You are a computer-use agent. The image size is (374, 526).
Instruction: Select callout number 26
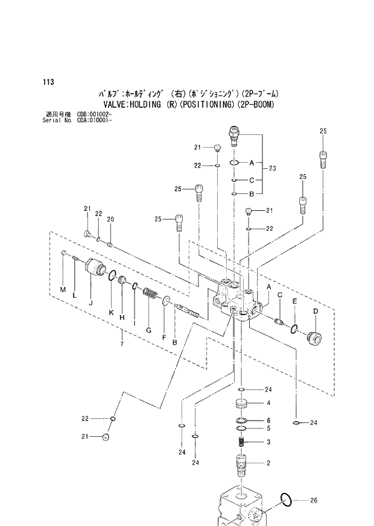[312, 500]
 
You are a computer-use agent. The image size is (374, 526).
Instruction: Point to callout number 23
[272, 169]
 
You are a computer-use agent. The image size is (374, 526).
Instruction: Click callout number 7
[122, 343]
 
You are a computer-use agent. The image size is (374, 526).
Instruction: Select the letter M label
[63, 290]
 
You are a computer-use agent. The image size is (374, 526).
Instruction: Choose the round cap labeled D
[313, 337]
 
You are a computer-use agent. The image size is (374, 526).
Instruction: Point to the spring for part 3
[241, 443]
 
